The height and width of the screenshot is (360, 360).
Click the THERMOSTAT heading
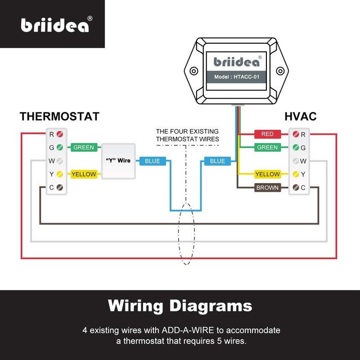point(59,117)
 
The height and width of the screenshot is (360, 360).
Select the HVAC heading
point(300,117)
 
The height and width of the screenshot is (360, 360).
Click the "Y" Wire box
point(118,161)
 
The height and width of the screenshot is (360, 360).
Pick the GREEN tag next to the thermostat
point(84,148)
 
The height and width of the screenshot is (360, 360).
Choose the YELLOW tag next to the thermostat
point(84,174)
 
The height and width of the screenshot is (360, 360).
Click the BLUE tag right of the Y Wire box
point(153,161)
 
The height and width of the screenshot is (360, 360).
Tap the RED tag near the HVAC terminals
point(267,134)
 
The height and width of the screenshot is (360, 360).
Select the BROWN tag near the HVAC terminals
point(267,188)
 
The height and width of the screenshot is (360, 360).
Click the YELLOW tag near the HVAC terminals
point(267,174)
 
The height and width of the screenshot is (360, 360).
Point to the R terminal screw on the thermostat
point(59,134)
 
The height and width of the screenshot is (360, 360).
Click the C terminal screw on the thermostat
point(59,188)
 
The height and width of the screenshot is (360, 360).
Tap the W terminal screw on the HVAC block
point(296,161)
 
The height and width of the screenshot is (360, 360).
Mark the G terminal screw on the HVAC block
point(296,148)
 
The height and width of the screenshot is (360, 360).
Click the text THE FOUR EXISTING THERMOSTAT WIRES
point(187,135)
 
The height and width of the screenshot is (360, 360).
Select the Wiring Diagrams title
point(180,306)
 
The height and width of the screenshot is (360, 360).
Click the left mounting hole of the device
point(194,71)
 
